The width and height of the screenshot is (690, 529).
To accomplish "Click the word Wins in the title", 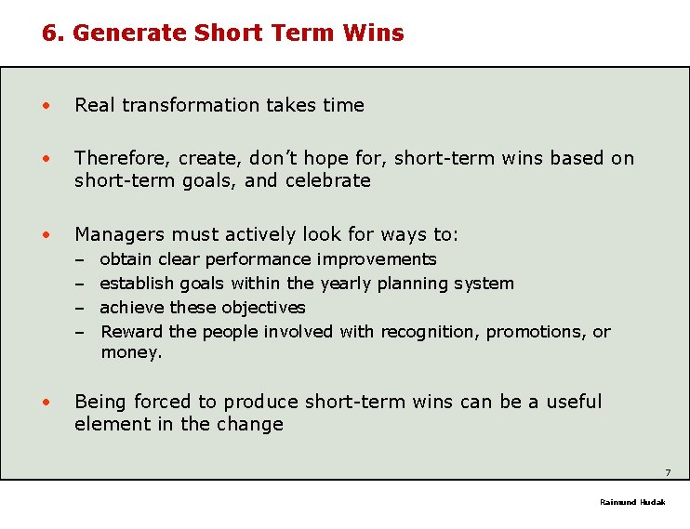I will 372,33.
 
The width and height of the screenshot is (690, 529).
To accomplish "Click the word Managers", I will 116,233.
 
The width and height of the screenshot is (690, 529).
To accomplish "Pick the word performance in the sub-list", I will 259,259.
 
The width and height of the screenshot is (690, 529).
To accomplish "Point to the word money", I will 129,352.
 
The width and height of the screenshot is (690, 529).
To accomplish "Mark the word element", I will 109,424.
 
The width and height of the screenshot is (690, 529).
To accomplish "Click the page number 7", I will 668,472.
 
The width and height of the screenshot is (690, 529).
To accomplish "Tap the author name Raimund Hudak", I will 632,502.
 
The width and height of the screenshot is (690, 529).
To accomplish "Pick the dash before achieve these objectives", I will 81,308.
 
